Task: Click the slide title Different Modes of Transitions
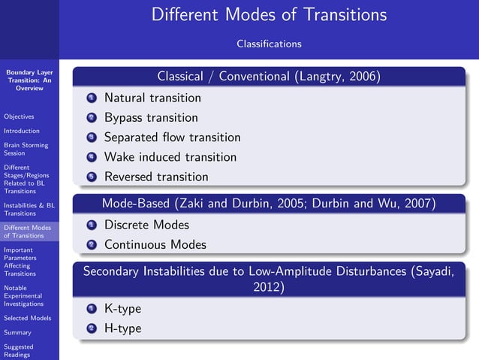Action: pos(269,15)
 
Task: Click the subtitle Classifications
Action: pos(269,44)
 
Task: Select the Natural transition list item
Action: pos(152,98)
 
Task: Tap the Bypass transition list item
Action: pos(151,118)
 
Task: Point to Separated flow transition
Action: pos(172,138)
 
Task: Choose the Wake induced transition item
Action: pos(170,157)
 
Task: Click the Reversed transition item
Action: pos(155,177)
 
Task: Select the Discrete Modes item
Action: pos(146,225)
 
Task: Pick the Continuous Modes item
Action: pos(155,244)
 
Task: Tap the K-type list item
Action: pos(122,308)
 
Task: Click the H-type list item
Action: pos(122,328)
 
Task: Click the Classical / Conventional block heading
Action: pos(269,77)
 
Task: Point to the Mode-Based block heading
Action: pos(269,204)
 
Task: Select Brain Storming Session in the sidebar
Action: pos(26,149)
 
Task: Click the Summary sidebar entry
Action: pos(17,332)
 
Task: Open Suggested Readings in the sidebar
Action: pos(19,351)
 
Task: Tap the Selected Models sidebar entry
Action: pos(27,318)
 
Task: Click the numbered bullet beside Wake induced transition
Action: pos(92,158)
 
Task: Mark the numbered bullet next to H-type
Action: pos(92,328)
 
